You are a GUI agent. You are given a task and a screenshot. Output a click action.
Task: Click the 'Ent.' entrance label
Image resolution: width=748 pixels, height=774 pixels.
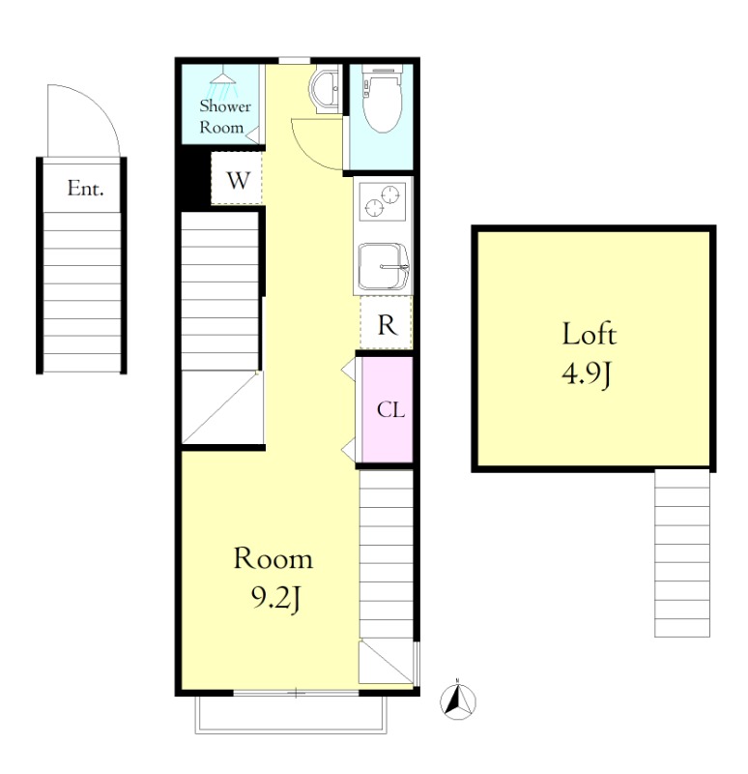pyautogui.click(x=85, y=189)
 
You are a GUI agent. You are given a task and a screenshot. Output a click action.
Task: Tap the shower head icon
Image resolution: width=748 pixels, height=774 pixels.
pyautogui.click(x=222, y=85)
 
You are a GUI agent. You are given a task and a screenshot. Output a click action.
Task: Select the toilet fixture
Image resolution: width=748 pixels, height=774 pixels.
pyautogui.click(x=381, y=99)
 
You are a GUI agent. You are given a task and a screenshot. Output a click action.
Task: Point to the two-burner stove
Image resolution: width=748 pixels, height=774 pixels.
pyautogui.click(x=383, y=201)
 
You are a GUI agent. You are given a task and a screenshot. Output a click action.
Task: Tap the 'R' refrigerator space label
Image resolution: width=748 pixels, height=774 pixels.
pyautogui.click(x=388, y=325)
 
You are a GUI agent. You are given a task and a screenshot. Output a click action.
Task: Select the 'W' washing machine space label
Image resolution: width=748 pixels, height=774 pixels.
pyautogui.click(x=238, y=181)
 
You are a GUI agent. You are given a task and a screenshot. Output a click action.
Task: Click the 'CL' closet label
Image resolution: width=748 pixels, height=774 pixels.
pyautogui.click(x=390, y=409)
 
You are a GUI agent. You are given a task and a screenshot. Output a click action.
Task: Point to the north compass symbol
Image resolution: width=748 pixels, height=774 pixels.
pyautogui.click(x=458, y=700)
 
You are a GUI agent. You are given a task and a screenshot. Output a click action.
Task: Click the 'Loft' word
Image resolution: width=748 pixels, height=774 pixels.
pyautogui.click(x=590, y=334)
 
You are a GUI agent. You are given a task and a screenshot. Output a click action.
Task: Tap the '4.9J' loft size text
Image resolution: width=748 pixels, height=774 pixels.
pyautogui.click(x=587, y=374)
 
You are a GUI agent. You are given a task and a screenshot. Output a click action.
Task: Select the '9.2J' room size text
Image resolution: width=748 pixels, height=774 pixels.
pyautogui.click(x=275, y=600)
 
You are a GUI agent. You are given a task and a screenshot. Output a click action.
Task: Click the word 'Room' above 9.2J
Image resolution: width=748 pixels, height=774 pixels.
pyautogui.click(x=273, y=559)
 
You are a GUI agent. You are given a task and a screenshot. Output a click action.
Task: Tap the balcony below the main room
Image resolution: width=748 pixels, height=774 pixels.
pyautogui.click(x=291, y=715)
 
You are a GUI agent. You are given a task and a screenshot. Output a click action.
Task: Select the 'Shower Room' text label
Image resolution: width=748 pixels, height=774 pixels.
pyautogui.click(x=225, y=117)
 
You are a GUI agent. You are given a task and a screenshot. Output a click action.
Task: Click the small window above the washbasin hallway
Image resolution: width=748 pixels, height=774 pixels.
pyautogui.click(x=295, y=61)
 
